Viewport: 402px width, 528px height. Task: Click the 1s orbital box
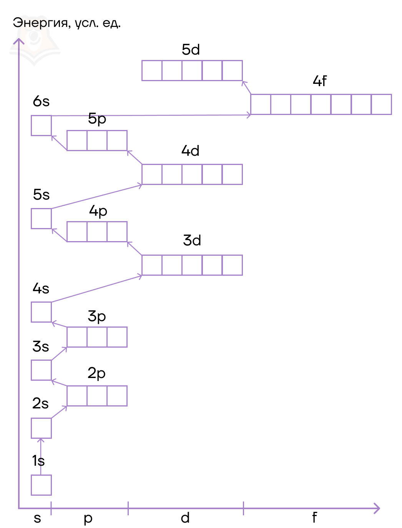point(41,485)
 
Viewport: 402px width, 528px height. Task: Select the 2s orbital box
point(41,428)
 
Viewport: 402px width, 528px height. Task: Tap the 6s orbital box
point(41,125)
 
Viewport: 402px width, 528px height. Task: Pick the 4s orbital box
point(41,312)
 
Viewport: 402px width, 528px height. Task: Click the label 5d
point(191,50)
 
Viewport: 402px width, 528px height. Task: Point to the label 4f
point(319,81)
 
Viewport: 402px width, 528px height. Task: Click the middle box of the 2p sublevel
point(97,396)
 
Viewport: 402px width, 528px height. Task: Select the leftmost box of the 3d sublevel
point(152,265)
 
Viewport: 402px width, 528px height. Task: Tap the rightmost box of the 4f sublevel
point(381,104)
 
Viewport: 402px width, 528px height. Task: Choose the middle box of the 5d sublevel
point(192,70)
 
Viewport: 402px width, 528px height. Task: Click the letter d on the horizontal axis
point(185,518)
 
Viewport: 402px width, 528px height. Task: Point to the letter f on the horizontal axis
point(314,518)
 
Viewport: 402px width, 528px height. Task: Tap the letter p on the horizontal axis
point(88,518)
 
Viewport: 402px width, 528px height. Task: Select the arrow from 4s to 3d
point(96,289)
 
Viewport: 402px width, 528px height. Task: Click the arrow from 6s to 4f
point(150,115)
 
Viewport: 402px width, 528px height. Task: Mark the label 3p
point(96,316)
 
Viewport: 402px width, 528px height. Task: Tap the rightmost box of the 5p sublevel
point(117,140)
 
